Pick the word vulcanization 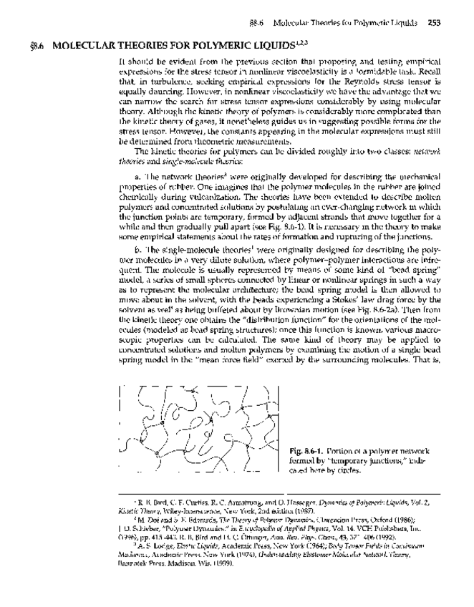click(188, 194)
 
